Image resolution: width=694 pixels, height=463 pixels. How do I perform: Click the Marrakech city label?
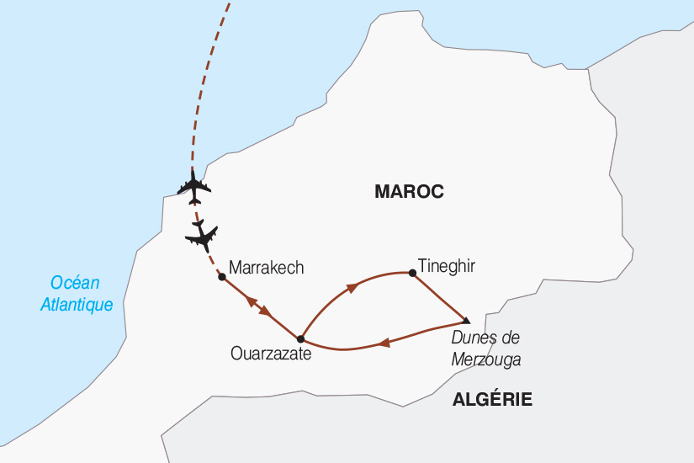[x=266, y=268]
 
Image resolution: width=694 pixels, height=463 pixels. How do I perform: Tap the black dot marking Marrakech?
[x=221, y=276]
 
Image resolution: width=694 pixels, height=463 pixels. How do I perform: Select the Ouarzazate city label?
[x=271, y=354]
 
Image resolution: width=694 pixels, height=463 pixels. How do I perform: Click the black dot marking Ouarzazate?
[x=300, y=339]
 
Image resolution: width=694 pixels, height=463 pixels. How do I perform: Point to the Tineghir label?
[x=446, y=265]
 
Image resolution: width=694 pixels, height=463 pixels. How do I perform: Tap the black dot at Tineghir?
[x=411, y=272]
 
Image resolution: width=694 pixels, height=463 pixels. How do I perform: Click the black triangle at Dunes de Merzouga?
[x=466, y=320]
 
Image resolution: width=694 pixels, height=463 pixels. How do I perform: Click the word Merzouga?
[x=486, y=359]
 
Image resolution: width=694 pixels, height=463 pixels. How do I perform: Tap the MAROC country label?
[x=409, y=192]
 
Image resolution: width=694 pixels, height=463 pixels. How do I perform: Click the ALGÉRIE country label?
[x=492, y=400]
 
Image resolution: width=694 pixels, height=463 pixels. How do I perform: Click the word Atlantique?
[x=77, y=305]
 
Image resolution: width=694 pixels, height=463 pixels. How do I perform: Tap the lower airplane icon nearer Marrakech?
[x=203, y=237]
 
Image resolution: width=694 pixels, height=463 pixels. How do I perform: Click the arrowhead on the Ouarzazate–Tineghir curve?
[x=352, y=287]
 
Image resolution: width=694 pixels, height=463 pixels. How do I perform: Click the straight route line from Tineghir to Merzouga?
[x=439, y=296]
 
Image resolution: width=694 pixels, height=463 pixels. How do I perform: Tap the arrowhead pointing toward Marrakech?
[x=252, y=300]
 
